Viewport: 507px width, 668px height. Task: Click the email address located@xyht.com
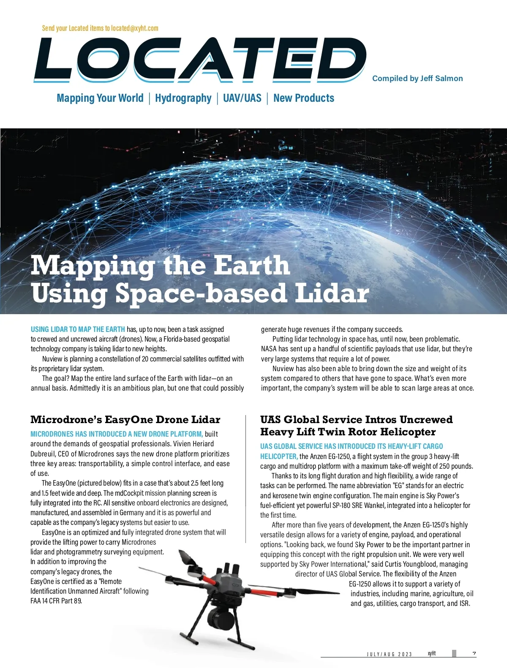tap(135, 28)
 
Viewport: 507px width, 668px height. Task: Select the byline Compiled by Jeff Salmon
tap(417, 79)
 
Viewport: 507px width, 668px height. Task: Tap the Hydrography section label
tap(183, 98)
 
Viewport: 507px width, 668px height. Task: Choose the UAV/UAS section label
tap(242, 98)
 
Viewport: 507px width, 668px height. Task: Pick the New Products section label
tap(304, 98)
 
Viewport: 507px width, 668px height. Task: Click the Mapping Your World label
tap(100, 98)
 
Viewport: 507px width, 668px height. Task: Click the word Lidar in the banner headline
tap(332, 293)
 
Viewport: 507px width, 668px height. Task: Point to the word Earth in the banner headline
tap(251, 266)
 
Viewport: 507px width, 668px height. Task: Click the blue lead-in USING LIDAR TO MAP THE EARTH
tap(78, 329)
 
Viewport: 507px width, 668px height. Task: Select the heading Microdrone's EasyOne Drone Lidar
tap(125, 420)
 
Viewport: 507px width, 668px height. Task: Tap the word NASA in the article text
tap(269, 349)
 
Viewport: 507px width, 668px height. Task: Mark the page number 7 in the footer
tap(474, 654)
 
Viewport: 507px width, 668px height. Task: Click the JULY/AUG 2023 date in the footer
tap(389, 654)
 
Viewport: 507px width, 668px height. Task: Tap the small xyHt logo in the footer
tap(431, 654)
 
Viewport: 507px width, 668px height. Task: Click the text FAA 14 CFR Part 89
tap(56, 601)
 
